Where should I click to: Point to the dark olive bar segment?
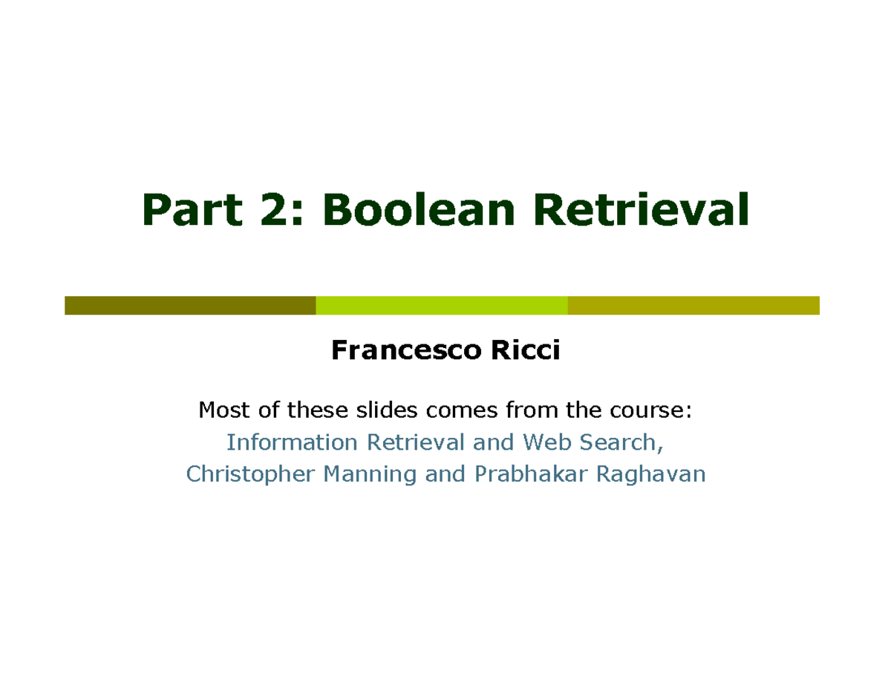190,305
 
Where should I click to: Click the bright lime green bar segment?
442,305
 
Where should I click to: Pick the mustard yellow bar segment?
693,305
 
